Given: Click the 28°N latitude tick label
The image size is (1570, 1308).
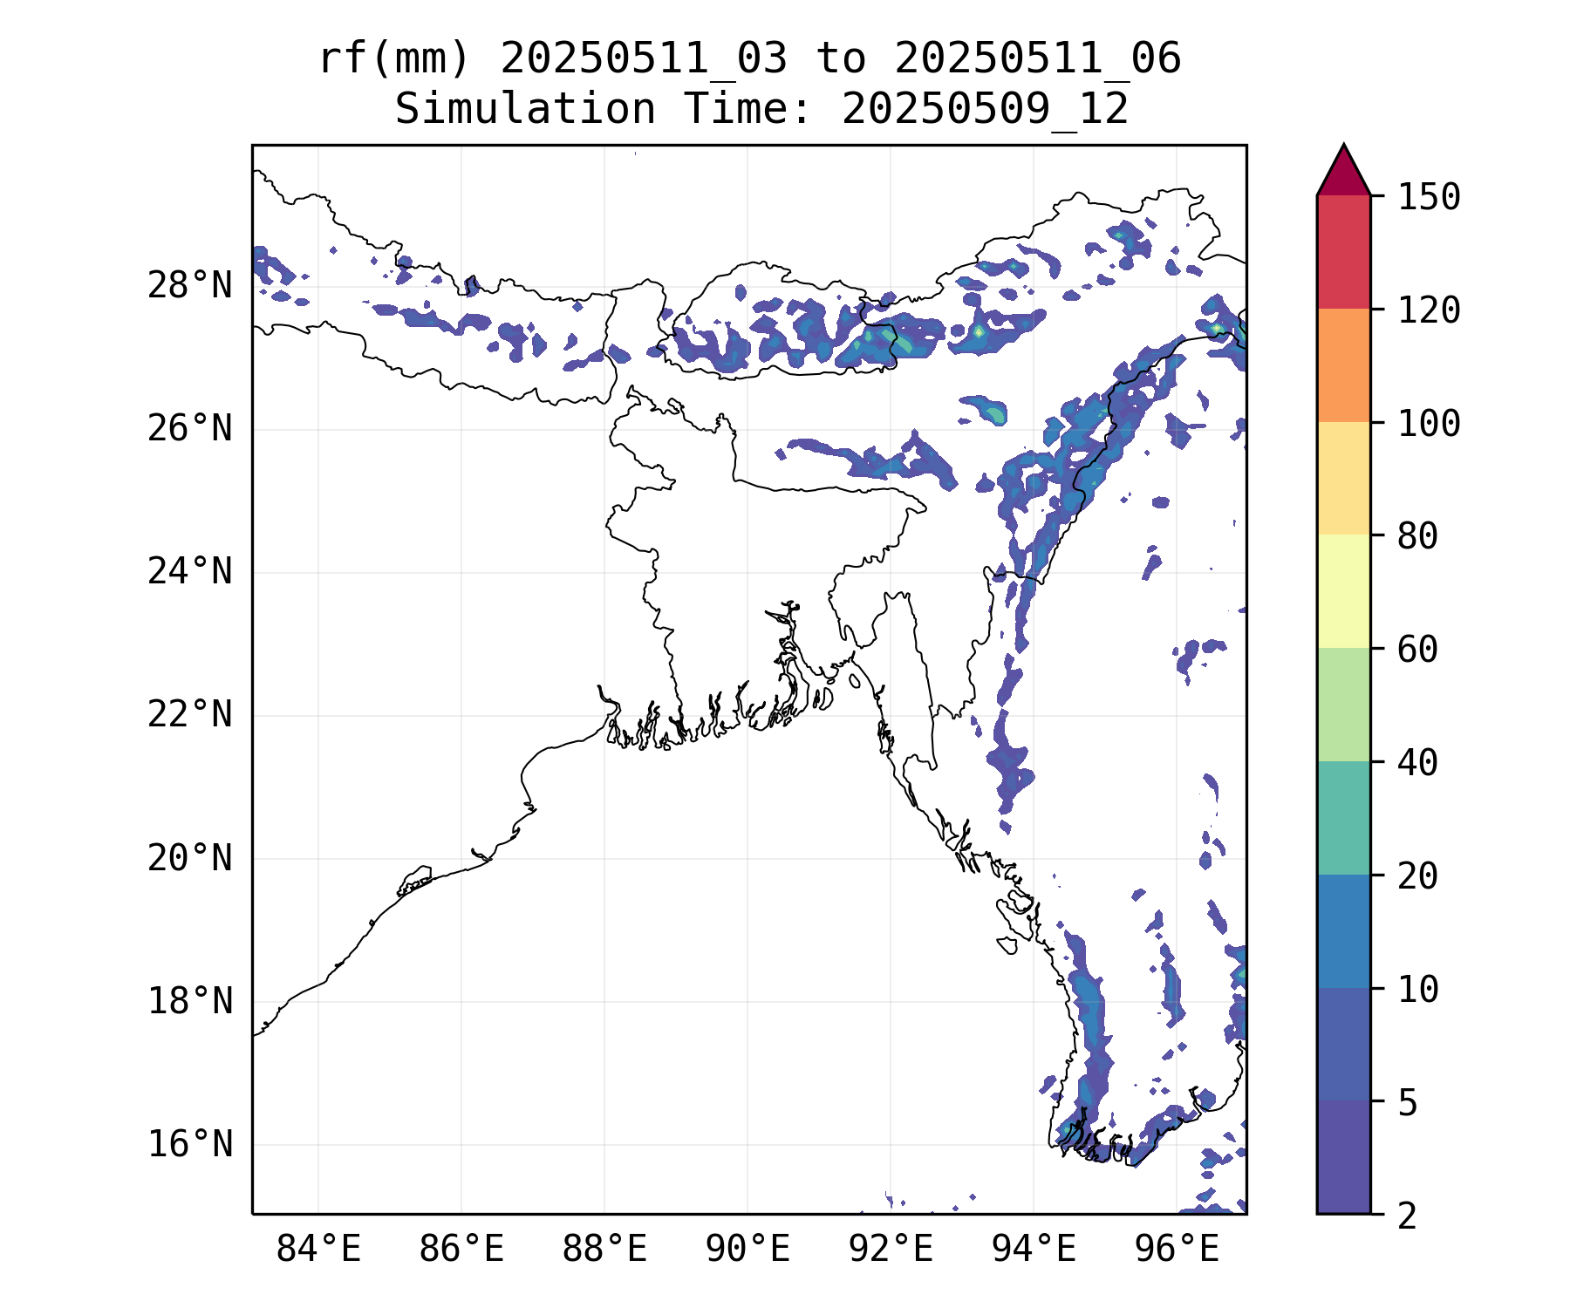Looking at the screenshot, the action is pyautogui.click(x=190, y=286).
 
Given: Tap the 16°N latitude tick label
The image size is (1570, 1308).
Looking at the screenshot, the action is pyautogui.click(x=190, y=1144).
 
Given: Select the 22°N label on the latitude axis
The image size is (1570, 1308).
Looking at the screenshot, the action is pyautogui.click(x=190, y=715).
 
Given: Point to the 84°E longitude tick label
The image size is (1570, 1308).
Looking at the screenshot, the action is pyautogui.click(x=318, y=1250).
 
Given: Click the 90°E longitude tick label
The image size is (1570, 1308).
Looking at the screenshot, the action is pyautogui.click(x=747, y=1250).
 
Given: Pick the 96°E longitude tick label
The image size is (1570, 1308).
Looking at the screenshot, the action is pyautogui.click(x=1177, y=1250).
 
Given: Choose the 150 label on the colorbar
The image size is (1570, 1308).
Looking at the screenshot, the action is pyautogui.click(x=1429, y=197).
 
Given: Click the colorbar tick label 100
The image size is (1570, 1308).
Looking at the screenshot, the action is pyautogui.click(x=1429, y=424).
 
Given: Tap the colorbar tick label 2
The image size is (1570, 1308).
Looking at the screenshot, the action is pyautogui.click(x=1407, y=1216).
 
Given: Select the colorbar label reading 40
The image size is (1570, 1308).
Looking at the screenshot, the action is pyautogui.click(x=1418, y=763).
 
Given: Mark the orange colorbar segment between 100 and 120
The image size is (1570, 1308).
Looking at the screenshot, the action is pyautogui.click(x=1343, y=365).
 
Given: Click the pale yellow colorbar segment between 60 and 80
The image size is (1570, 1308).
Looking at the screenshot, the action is pyautogui.click(x=1343, y=591).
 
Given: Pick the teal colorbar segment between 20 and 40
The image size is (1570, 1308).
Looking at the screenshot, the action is pyautogui.click(x=1343, y=818).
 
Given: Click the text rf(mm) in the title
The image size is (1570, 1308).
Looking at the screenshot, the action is pyautogui.click(x=394, y=59).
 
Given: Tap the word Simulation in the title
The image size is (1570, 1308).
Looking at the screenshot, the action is pyautogui.click(x=525, y=110).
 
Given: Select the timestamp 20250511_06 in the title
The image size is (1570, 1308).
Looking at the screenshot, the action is pyautogui.click(x=1038, y=59).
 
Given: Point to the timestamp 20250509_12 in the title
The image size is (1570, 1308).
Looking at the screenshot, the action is pyautogui.click(x=986, y=110).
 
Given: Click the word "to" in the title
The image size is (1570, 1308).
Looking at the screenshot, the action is pyautogui.click(x=842, y=59).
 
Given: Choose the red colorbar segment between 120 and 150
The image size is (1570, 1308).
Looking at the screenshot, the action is pyautogui.click(x=1343, y=252).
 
